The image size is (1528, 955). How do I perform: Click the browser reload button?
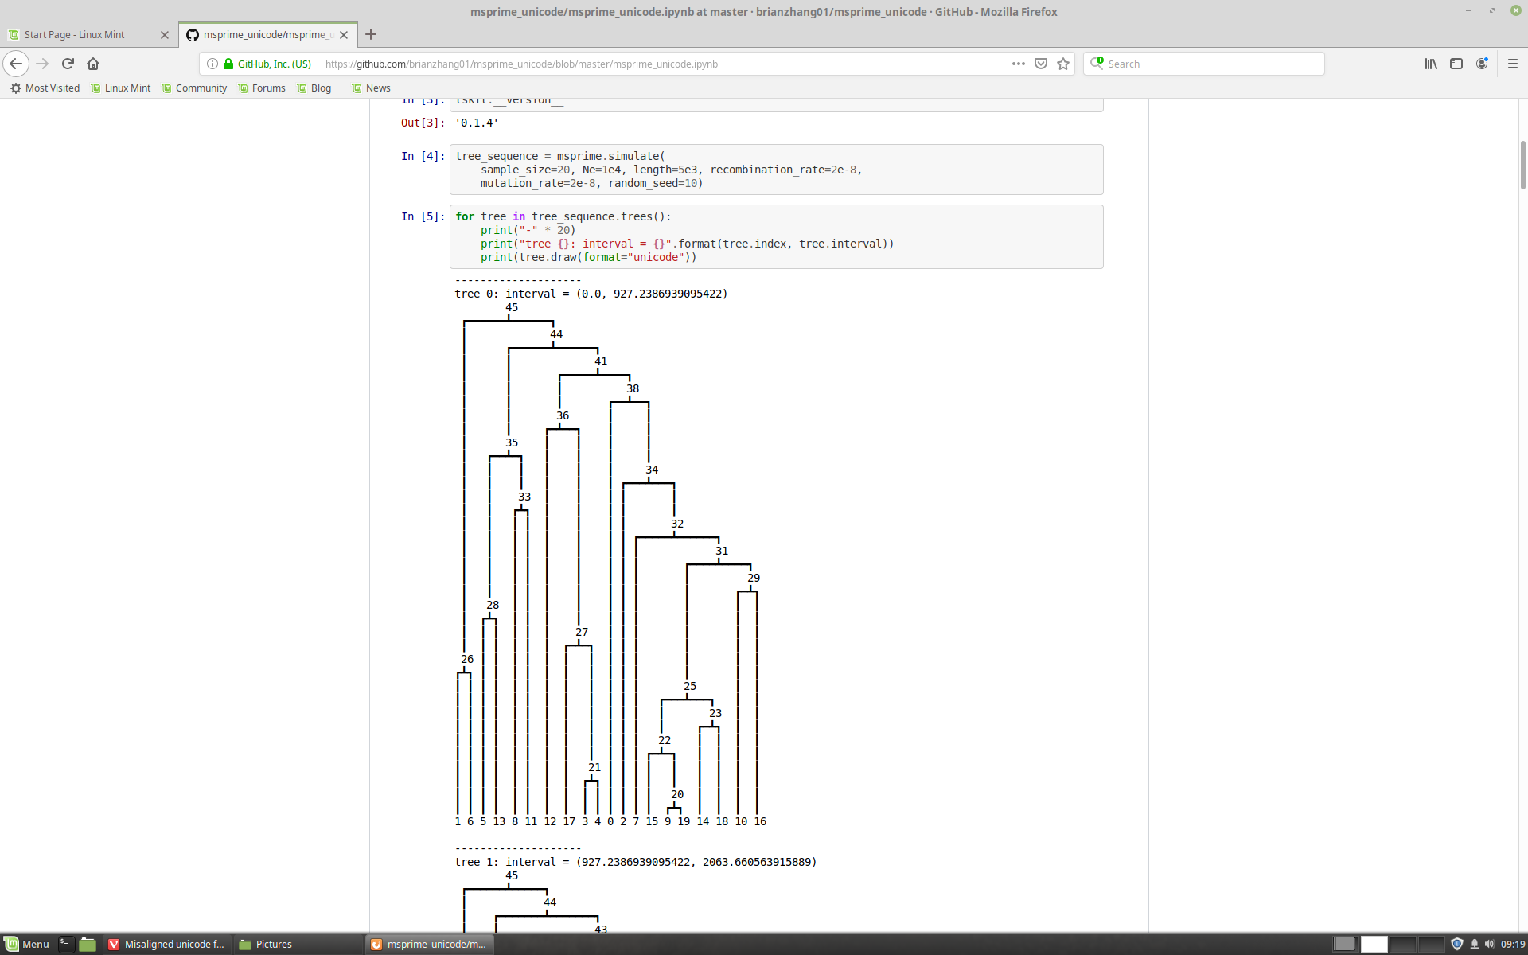tap(68, 64)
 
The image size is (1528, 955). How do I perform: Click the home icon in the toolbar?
tap(93, 64)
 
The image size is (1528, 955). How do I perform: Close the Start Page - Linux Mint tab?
tap(165, 35)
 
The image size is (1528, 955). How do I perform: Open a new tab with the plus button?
tap(371, 34)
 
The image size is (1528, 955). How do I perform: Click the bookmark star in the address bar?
tap(1063, 64)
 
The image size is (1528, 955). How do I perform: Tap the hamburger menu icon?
tap(1513, 64)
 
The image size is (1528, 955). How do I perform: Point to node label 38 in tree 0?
tap(633, 388)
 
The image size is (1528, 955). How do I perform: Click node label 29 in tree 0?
tap(754, 578)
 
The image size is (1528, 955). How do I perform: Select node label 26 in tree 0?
tap(467, 659)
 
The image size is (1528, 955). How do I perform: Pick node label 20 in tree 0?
tap(677, 794)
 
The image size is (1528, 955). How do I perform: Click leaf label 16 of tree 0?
tap(760, 821)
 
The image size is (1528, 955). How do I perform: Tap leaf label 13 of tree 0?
tap(499, 821)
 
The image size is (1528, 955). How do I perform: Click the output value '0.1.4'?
tap(477, 123)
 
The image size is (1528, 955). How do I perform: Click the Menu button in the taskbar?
tap(28, 945)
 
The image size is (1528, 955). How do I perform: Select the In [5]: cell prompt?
tap(423, 216)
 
